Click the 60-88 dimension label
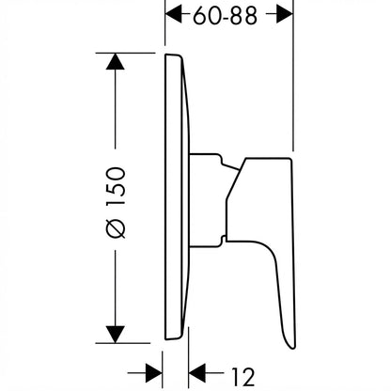pyautogui.click(x=225, y=16)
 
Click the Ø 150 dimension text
pyautogui.click(x=116, y=202)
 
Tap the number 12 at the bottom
pyautogui.click(x=243, y=377)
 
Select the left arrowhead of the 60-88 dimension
pyautogui.click(x=174, y=14)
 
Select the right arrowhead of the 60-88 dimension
pyautogui.click(x=285, y=14)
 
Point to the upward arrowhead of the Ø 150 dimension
pyautogui.click(x=116, y=61)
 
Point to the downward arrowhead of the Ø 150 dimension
pyautogui.click(x=116, y=335)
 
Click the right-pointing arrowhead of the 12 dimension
pyautogui.click(x=154, y=373)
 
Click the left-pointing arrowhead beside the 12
pyautogui.click(x=197, y=373)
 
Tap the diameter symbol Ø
pyautogui.click(x=116, y=228)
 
